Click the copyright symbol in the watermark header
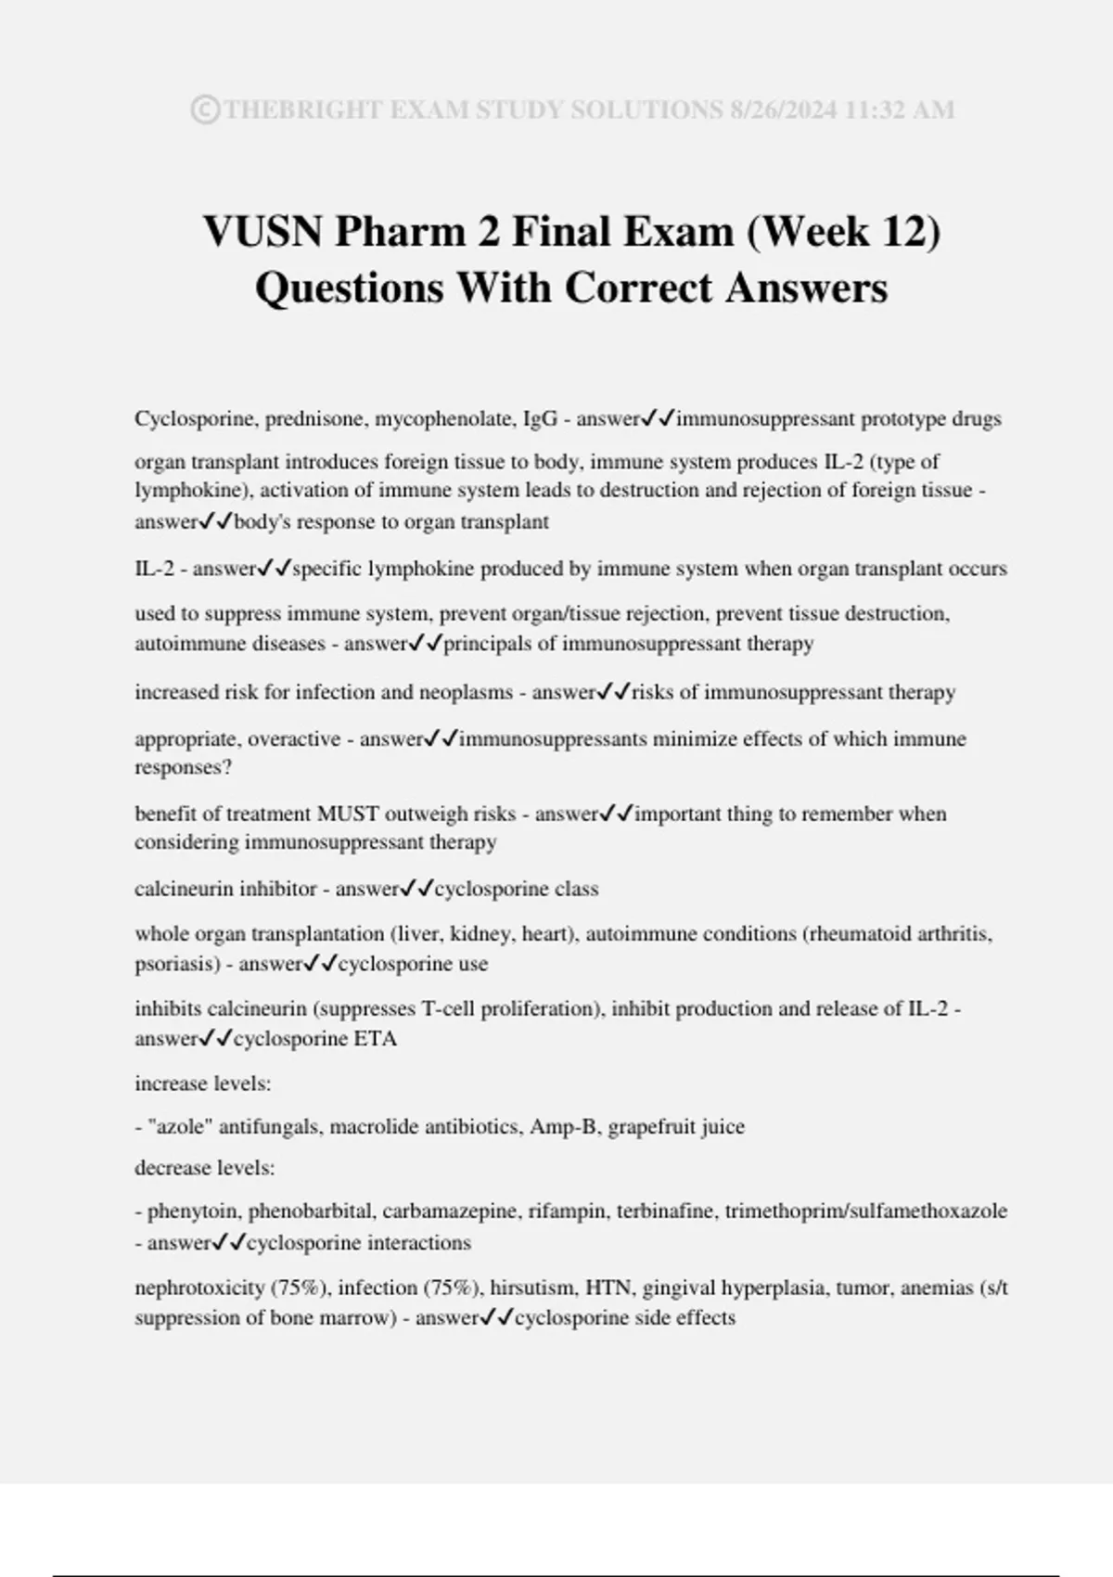pos(205,110)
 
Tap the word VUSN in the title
pos(262,231)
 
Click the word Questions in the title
pos(349,288)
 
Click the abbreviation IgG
pos(541,419)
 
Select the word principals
pos(499,644)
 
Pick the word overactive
pos(293,739)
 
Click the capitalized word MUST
pos(348,814)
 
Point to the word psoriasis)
pos(176,965)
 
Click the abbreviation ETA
pos(376,1040)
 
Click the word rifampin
pos(567,1212)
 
